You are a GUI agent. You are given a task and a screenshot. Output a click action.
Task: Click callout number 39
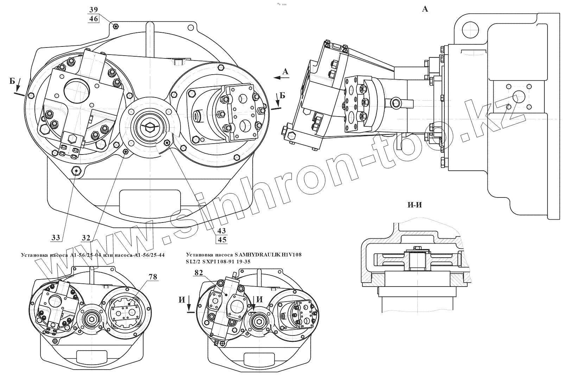pyautogui.click(x=94, y=10)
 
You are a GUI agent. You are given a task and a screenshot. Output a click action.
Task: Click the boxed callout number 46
pyautogui.click(x=94, y=19)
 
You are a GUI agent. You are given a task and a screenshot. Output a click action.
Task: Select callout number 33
pyautogui.click(x=56, y=238)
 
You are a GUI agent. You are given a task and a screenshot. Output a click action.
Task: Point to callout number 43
pyautogui.click(x=222, y=231)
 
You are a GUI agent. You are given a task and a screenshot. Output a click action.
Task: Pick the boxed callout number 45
pyautogui.click(x=222, y=240)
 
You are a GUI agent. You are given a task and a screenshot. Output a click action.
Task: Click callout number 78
pyautogui.click(x=153, y=277)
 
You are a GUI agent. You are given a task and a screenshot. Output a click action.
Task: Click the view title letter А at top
pyautogui.click(x=425, y=10)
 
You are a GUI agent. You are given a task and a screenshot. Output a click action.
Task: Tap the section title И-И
pyautogui.click(x=415, y=205)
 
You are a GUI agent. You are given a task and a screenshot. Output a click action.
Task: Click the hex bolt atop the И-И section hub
pyautogui.click(x=418, y=248)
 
